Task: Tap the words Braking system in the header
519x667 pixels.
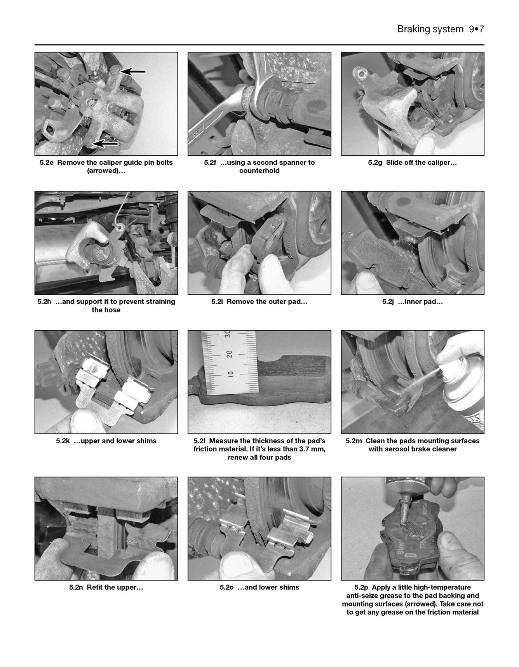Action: [x=430, y=30]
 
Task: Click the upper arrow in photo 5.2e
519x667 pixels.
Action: [x=133, y=71]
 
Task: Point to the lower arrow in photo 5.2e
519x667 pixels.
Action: [x=105, y=143]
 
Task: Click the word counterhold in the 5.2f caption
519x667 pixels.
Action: [x=259, y=171]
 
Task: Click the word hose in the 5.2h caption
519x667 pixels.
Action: [x=112, y=310]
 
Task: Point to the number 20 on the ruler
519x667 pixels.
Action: [x=229, y=354]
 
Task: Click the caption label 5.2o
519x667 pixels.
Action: [x=226, y=587]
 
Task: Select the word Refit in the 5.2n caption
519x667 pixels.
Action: [x=95, y=587]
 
